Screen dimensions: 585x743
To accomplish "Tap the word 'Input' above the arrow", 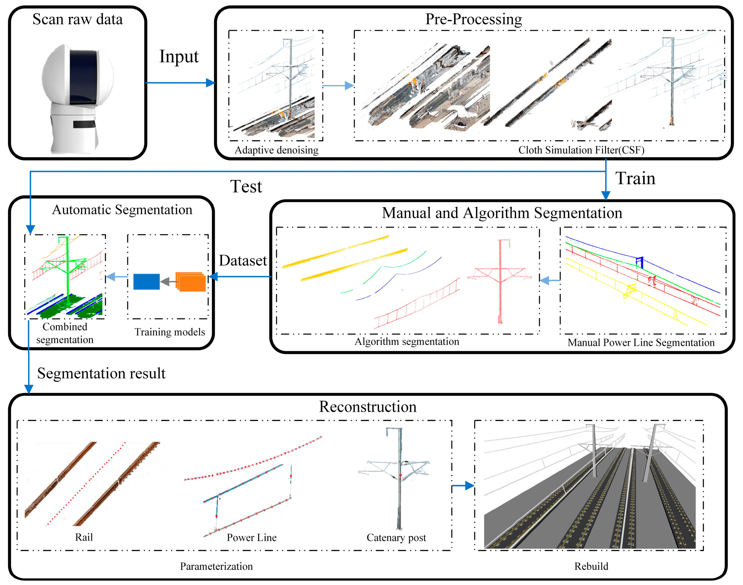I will pos(179,56).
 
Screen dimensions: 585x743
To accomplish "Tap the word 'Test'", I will pos(246,187).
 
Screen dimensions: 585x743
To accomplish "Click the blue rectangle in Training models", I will pos(146,282).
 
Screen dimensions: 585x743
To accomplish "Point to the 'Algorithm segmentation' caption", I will pos(407,342).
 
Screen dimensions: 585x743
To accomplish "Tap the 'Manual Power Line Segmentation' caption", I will pos(641,343).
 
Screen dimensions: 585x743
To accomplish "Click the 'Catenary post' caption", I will pos(396,538).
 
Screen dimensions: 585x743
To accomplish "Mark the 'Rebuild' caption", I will pos(591,566).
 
